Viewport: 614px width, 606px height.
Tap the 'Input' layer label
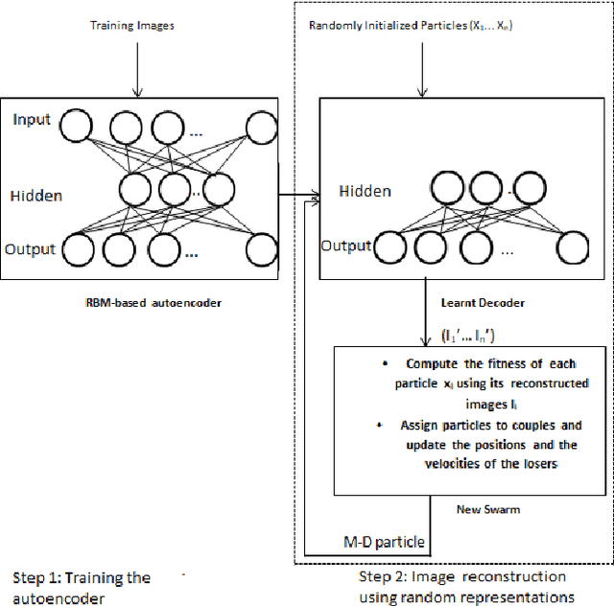coord(34,120)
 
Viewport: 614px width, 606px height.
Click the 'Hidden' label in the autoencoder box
coord(35,196)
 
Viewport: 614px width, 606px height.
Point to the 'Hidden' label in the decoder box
coord(365,191)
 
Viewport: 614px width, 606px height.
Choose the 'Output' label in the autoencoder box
coord(32,249)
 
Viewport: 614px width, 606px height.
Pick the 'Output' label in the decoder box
coord(345,246)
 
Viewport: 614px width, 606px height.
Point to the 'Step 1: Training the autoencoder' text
coord(82,587)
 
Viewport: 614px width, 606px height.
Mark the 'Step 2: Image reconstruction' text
coord(461,576)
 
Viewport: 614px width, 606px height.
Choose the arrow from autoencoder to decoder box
coord(297,196)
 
